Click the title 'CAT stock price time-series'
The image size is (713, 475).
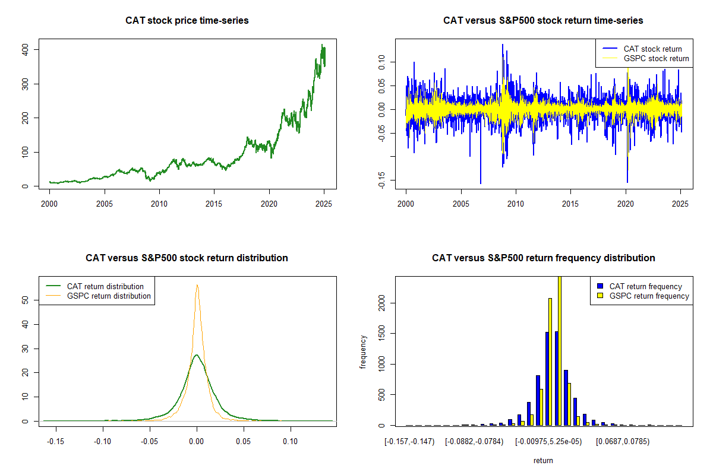187,20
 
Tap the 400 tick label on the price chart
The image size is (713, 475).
25,50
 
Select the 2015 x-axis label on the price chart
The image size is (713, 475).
213,204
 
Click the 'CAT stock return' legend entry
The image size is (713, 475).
642,49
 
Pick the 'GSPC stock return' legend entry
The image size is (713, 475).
645,59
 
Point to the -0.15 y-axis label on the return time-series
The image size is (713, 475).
381,180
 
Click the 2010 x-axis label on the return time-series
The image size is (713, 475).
516,204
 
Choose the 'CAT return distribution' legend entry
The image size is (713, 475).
94,286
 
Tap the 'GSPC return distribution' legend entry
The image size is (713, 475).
98,296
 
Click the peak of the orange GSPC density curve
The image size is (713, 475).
197,285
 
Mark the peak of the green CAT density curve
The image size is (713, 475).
197,354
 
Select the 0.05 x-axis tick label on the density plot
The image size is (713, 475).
244,442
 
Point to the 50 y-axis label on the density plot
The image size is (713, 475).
25,300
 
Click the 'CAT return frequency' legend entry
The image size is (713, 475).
639,286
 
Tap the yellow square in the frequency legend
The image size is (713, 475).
600,296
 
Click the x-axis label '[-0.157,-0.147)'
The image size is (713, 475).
409,442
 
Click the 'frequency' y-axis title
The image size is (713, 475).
363,352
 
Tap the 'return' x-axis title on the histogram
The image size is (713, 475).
543,461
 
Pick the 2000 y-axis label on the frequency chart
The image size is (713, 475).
381,303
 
